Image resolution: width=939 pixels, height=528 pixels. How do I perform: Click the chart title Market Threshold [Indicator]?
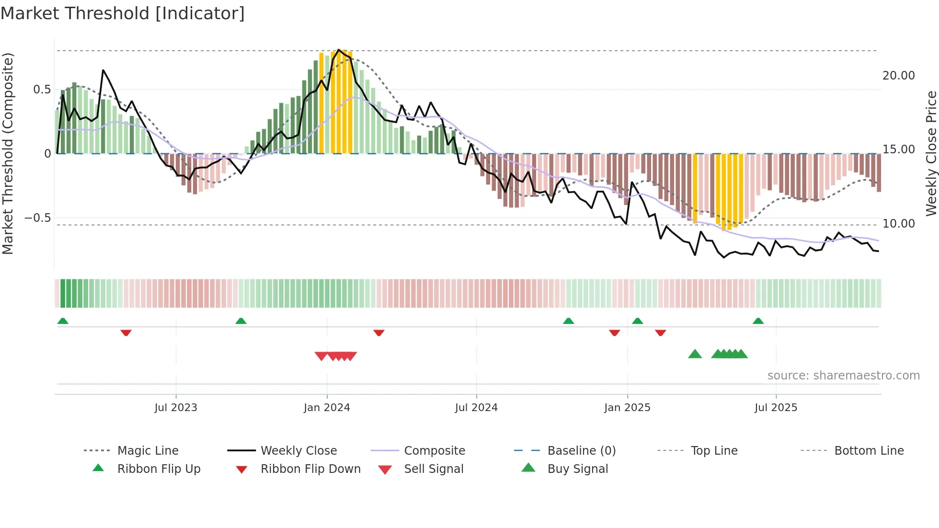(123, 13)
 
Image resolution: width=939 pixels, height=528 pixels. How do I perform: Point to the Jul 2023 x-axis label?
(176, 408)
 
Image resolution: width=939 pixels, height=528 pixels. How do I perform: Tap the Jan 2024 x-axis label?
(327, 408)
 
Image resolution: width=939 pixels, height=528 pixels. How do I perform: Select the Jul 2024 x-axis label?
(476, 408)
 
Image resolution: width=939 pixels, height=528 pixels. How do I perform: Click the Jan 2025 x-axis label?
(627, 408)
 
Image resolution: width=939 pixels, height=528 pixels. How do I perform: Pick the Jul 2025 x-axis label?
(776, 408)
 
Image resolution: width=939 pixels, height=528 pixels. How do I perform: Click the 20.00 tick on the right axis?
(898, 76)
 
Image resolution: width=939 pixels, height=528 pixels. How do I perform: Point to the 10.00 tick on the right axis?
(898, 224)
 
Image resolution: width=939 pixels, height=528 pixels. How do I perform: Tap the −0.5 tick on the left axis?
(37, 218)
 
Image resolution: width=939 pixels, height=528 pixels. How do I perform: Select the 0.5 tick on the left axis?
(42, 90)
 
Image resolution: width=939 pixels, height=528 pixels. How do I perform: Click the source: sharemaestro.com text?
(843, 376)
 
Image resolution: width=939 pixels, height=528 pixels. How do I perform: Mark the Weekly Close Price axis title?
(931, 153)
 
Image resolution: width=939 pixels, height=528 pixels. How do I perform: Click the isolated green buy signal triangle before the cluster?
(695, 354)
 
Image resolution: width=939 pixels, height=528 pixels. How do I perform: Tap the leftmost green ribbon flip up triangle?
(63, 321)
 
